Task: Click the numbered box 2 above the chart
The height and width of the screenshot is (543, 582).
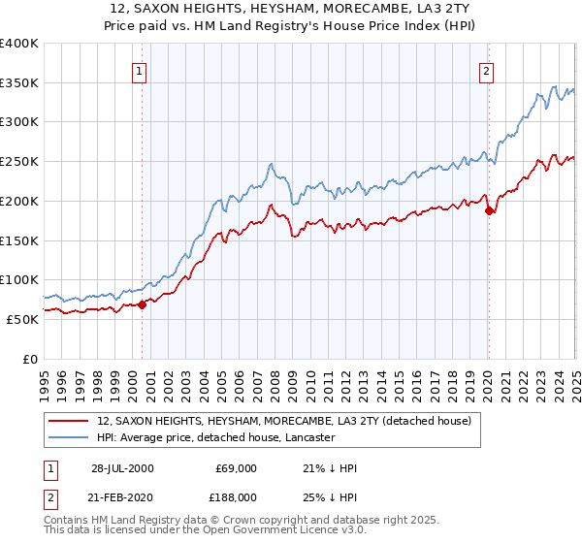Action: tap(485, 70)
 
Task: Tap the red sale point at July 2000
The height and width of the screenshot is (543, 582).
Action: tap(142, 303)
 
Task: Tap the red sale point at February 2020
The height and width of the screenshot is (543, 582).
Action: tap(489, 210)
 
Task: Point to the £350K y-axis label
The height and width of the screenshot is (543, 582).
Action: tap(19, 82)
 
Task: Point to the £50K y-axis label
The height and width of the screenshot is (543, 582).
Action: tap(23, 319)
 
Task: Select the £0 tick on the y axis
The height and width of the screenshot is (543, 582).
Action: tap(31, 359)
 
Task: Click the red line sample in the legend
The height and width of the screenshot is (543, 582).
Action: tap(67, 421)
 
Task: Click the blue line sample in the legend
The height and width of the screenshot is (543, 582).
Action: tap(67, 438)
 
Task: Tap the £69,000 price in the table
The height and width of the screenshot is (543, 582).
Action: tap(236, 468)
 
